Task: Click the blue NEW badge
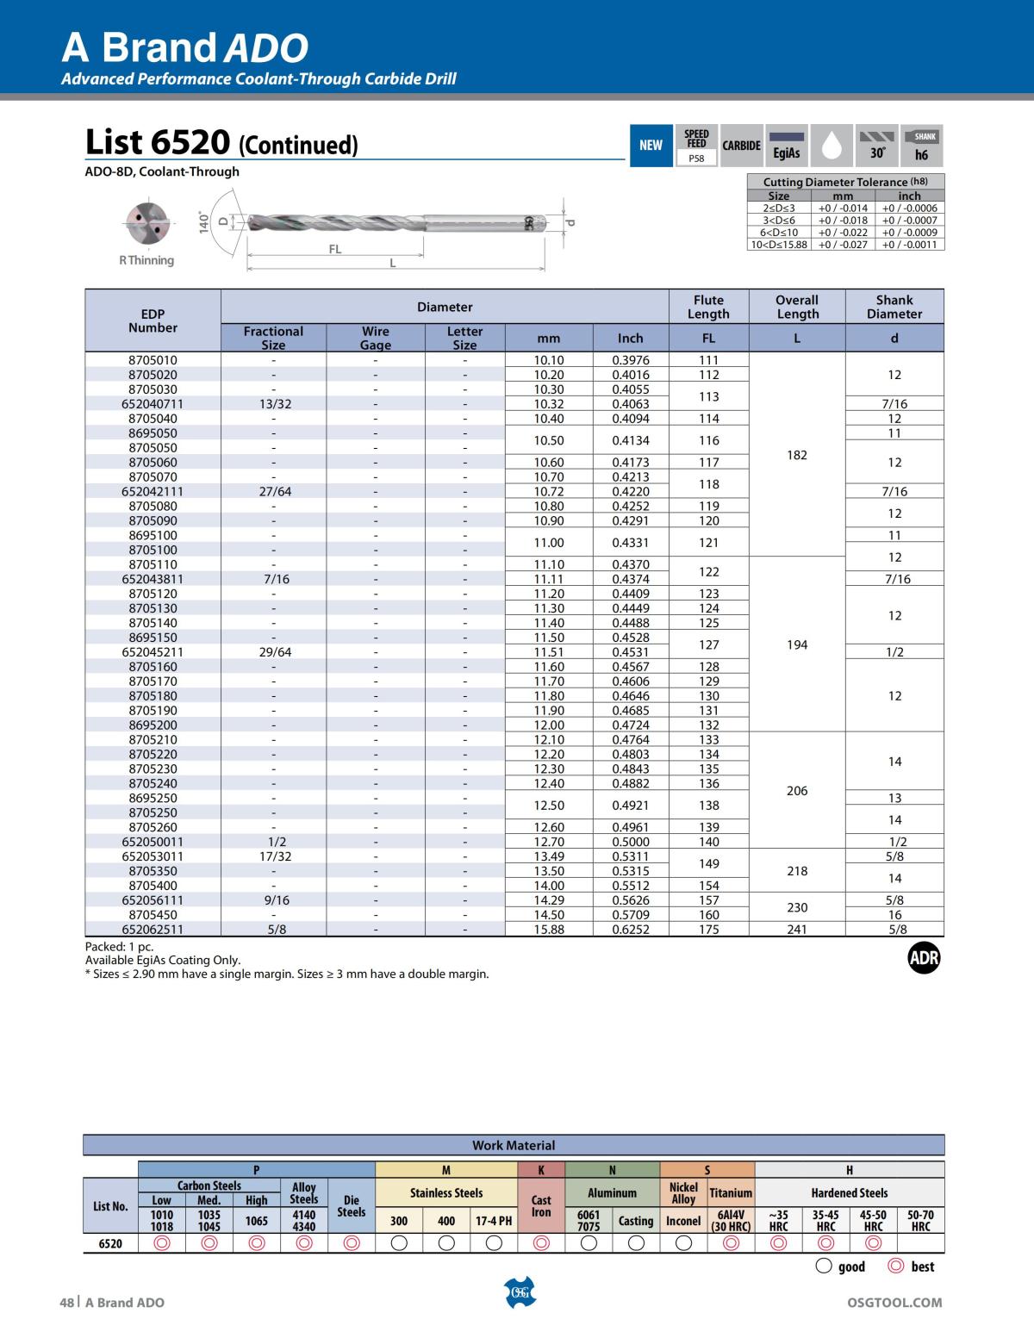(651, 146)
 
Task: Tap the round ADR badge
(924, 957)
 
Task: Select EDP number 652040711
(153, 403)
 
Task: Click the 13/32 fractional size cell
(274, 403)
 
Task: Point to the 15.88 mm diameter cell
(548, 929)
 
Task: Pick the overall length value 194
(796, 644)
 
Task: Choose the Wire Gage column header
(375, 338)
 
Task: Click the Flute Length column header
(708, 307)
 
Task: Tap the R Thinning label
(146, 260)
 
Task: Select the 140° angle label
(204, 221)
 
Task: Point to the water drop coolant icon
(831, 146)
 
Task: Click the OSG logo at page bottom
(519, 1292)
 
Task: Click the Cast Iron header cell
(541, 1205)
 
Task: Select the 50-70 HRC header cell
(920, 1221)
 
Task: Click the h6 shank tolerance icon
(922, 146)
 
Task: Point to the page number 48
(66, 1302)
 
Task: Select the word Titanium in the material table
(731, 1193)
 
